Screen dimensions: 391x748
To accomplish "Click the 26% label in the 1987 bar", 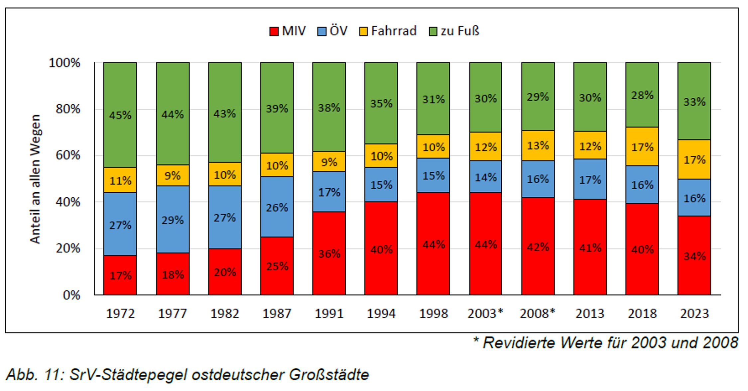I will point(277,208).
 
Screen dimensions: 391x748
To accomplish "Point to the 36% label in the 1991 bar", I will point(329,254).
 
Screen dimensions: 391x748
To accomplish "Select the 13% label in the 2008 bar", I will point(538,146).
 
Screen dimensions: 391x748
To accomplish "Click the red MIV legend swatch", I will point(274,32).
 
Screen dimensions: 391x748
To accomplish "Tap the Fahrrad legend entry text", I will point(394,31).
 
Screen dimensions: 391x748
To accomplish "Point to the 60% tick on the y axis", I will point(68,155).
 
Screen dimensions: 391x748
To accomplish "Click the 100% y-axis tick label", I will point(64,62).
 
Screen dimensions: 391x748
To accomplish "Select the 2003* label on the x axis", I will point(485,313).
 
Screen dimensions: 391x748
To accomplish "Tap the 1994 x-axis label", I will point(381,313).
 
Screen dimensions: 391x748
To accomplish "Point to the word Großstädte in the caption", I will point(329,375).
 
